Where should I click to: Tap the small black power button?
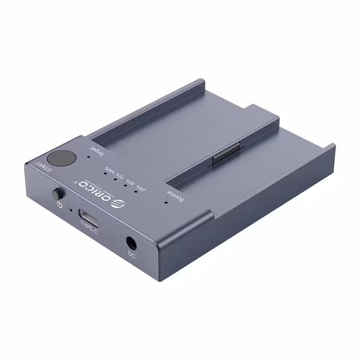[57, 194]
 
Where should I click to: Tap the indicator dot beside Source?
[166, 202]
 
